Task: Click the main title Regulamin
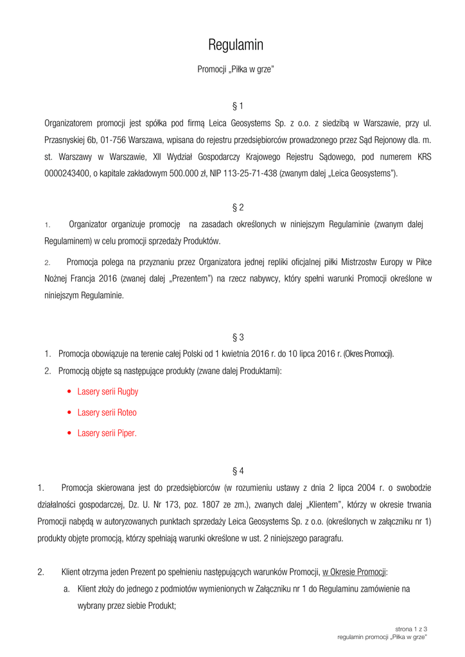coord(236,45)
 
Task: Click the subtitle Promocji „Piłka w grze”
coord(236,69)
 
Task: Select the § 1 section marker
coord(238,105)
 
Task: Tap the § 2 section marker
coord(238,207)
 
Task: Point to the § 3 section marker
coord(238,337)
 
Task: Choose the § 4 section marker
coord(238,471)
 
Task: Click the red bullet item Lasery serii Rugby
coord(107,391)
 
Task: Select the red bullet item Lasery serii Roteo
coord(107,412)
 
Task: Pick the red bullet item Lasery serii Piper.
coord(107,433)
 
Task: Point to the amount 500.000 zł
coord(182,173)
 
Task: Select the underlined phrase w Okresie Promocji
coord(355,572)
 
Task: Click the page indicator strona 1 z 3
coord(411,629)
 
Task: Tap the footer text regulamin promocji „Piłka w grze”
coord(383,637)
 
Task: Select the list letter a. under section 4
coord(67,588)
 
